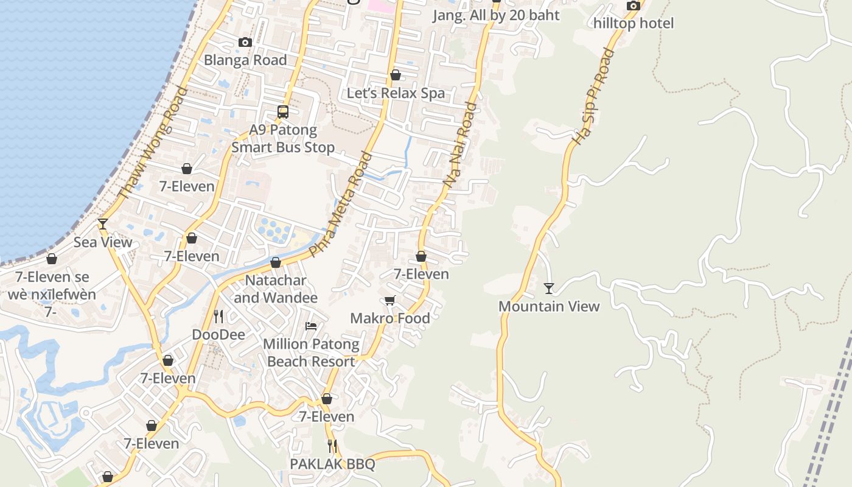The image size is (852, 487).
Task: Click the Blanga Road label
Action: point(245,60)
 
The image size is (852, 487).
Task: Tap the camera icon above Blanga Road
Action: point(245,42)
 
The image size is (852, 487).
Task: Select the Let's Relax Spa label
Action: point(396,93)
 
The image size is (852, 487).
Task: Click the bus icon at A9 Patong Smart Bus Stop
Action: point(283,111)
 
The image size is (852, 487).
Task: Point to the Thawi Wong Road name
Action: point(153,143)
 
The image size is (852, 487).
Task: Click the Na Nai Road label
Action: point(459,144)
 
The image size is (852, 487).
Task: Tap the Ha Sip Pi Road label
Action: point(592,96)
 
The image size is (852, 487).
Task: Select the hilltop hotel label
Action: point(634,23)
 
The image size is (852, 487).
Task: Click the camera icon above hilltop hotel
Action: point(634,6)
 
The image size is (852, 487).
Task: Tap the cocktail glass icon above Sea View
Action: point(103,224)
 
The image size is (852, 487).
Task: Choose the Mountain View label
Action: point(549,306)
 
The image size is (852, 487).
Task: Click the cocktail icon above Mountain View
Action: point(549,288)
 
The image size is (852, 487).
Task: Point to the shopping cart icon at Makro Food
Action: point(390,300)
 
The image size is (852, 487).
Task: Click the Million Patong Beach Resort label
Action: point(311,352)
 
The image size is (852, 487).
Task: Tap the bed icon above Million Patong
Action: point(311,326)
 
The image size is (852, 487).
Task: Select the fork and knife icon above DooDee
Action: point(218,316)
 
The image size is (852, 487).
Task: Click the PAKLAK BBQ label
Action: point(332,464)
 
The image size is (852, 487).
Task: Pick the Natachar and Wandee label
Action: point(276,289)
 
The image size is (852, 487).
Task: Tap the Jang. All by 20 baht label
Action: point(496,15)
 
